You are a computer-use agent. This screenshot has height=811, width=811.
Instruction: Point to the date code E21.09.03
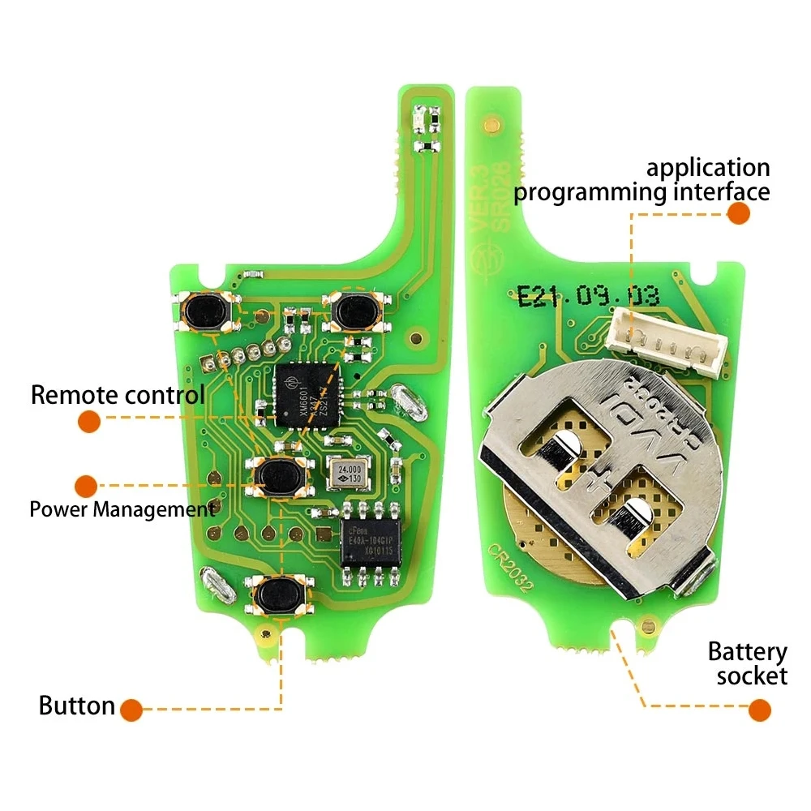pyautogui.click(x=588, y=296)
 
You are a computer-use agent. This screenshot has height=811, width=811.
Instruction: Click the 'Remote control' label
pyautogui.click(x=118, y=396)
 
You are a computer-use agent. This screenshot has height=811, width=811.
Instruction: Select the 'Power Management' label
pyautogui.click(x=122, y=509)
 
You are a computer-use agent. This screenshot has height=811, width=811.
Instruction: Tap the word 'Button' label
pyautogui.click(x=76, y=706)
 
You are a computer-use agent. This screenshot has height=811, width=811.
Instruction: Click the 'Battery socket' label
pyautogui.click(x=747, y=663)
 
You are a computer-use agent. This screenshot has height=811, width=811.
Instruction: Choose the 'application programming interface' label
pyautogui.click(x=641, y=180)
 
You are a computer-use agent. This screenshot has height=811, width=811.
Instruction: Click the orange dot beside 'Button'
pyautogui.click(x=131, y=710)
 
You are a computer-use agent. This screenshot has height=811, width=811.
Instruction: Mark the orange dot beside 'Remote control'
pyautogui.click(x=89, y=421)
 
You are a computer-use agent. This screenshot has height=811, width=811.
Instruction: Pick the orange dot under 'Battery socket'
pyautogui.click(x=759, y=710)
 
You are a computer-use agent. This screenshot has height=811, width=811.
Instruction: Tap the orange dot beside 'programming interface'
pyautogui.click(x=738, y=213)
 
